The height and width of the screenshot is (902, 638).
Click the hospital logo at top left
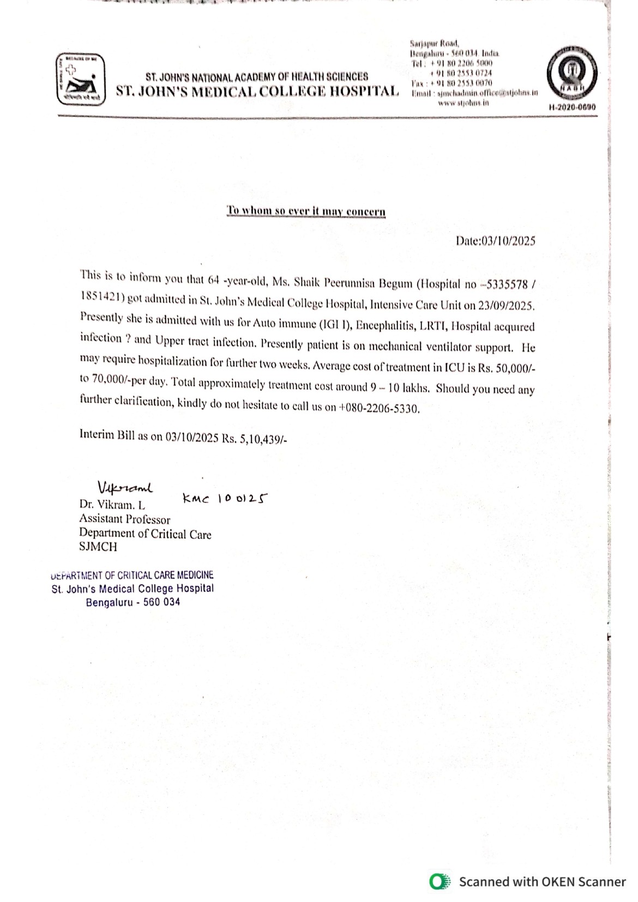point(81,79)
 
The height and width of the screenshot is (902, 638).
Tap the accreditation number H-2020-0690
point(572,107)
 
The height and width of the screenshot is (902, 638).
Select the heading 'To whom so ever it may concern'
point(306,211)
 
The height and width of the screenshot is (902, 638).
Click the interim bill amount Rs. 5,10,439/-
point(254,439)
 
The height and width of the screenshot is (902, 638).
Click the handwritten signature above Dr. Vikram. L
point(125,486)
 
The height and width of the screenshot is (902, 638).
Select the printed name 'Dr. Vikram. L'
point(112,505)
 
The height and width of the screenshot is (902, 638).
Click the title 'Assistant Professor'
point(124,519)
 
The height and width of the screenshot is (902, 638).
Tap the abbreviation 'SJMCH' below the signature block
point(98,547)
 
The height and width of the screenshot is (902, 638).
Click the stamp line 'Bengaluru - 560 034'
point(133,602)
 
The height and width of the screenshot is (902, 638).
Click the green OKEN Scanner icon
point(440,881)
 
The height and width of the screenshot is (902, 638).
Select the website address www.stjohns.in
point(463,102)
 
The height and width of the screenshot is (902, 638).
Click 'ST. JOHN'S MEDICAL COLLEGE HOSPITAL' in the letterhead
point(257,91)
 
